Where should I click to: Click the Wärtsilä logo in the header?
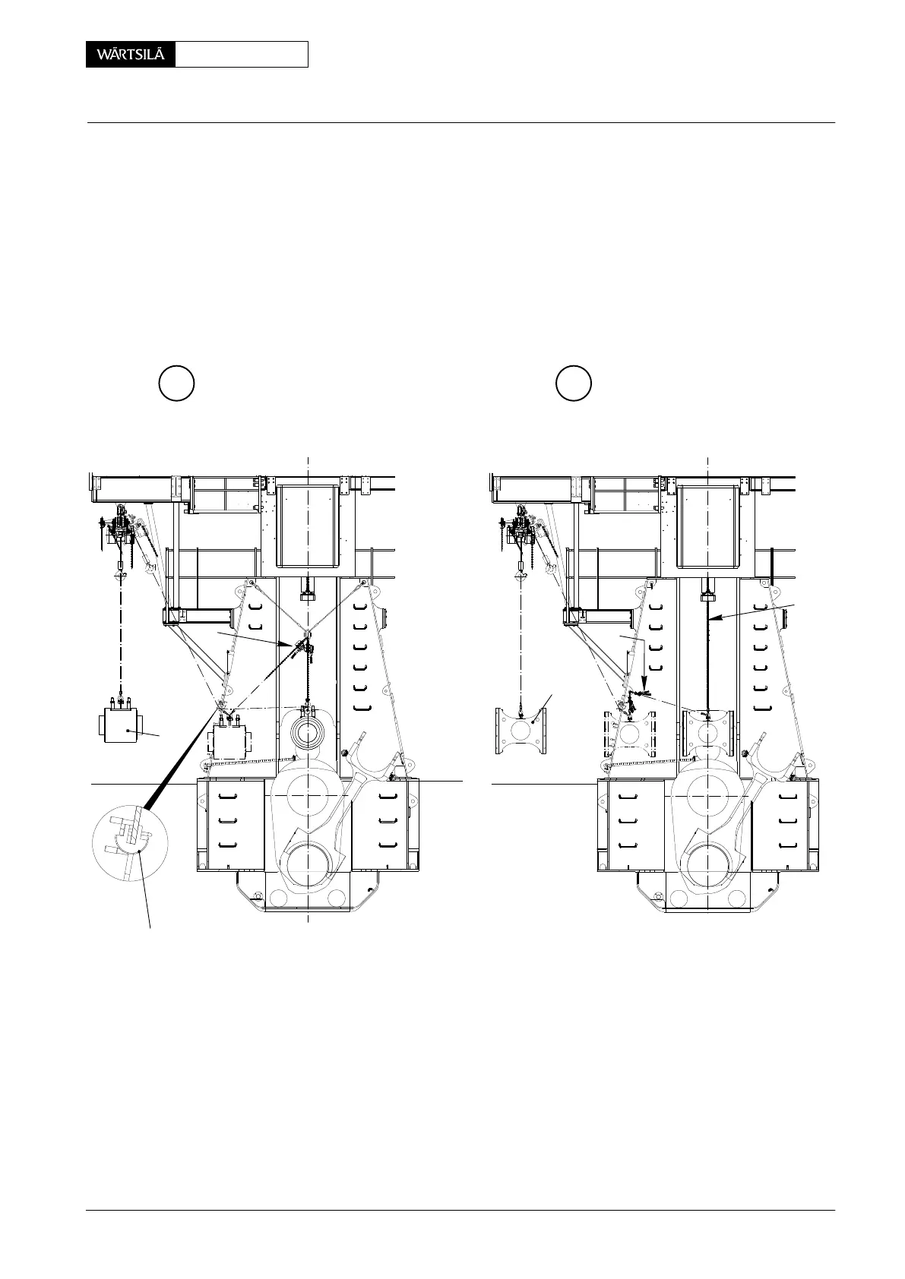(131, 55)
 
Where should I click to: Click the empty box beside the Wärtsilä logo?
(241, 55)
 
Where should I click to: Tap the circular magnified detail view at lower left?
(128, 842)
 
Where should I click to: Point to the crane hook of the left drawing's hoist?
(120, 575)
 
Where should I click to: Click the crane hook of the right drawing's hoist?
(521, 575)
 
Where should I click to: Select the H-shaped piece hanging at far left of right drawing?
(521, 731)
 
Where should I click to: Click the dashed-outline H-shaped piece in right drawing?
(630, 734)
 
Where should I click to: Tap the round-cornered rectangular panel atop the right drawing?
(707, 526)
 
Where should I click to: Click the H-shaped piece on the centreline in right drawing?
(707, 732)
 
